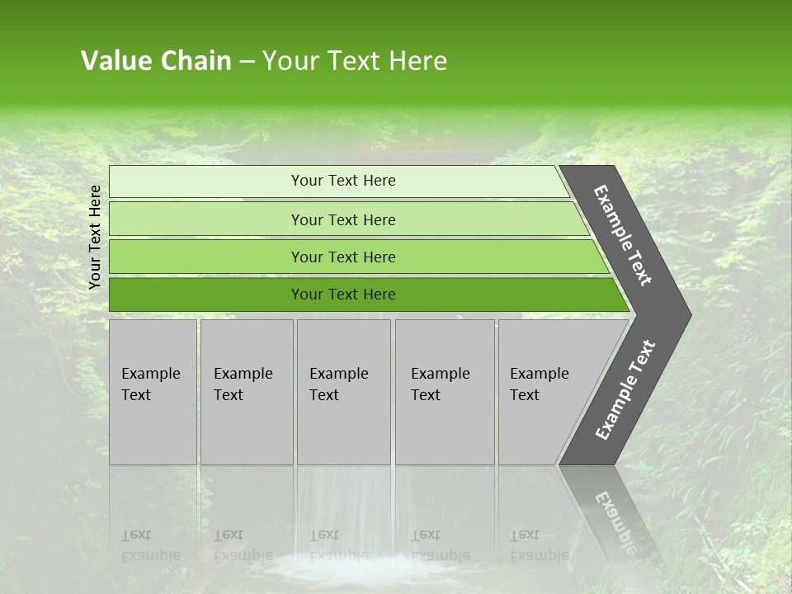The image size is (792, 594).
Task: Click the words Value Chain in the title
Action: pyautogui.click(x=156, y=61)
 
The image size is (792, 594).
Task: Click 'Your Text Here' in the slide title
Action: pyautogui.click(x=354, y=61)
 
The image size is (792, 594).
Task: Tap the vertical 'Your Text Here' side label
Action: pyautogui.click(x=95, y=237)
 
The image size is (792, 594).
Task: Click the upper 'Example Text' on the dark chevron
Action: pyautogui.click(x=623, y=235)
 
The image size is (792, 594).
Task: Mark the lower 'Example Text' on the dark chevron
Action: pyautogui.click(x=625, y=389)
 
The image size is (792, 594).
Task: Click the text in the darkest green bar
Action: pyautogui.click(x=343, y=295)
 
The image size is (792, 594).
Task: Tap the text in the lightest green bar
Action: pyautogui.click(x=343, y=181)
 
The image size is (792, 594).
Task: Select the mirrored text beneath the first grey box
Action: pyautogui.click(x=150, y=545)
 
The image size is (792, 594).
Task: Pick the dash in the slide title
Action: pyautogui.click(x=247, y=61)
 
